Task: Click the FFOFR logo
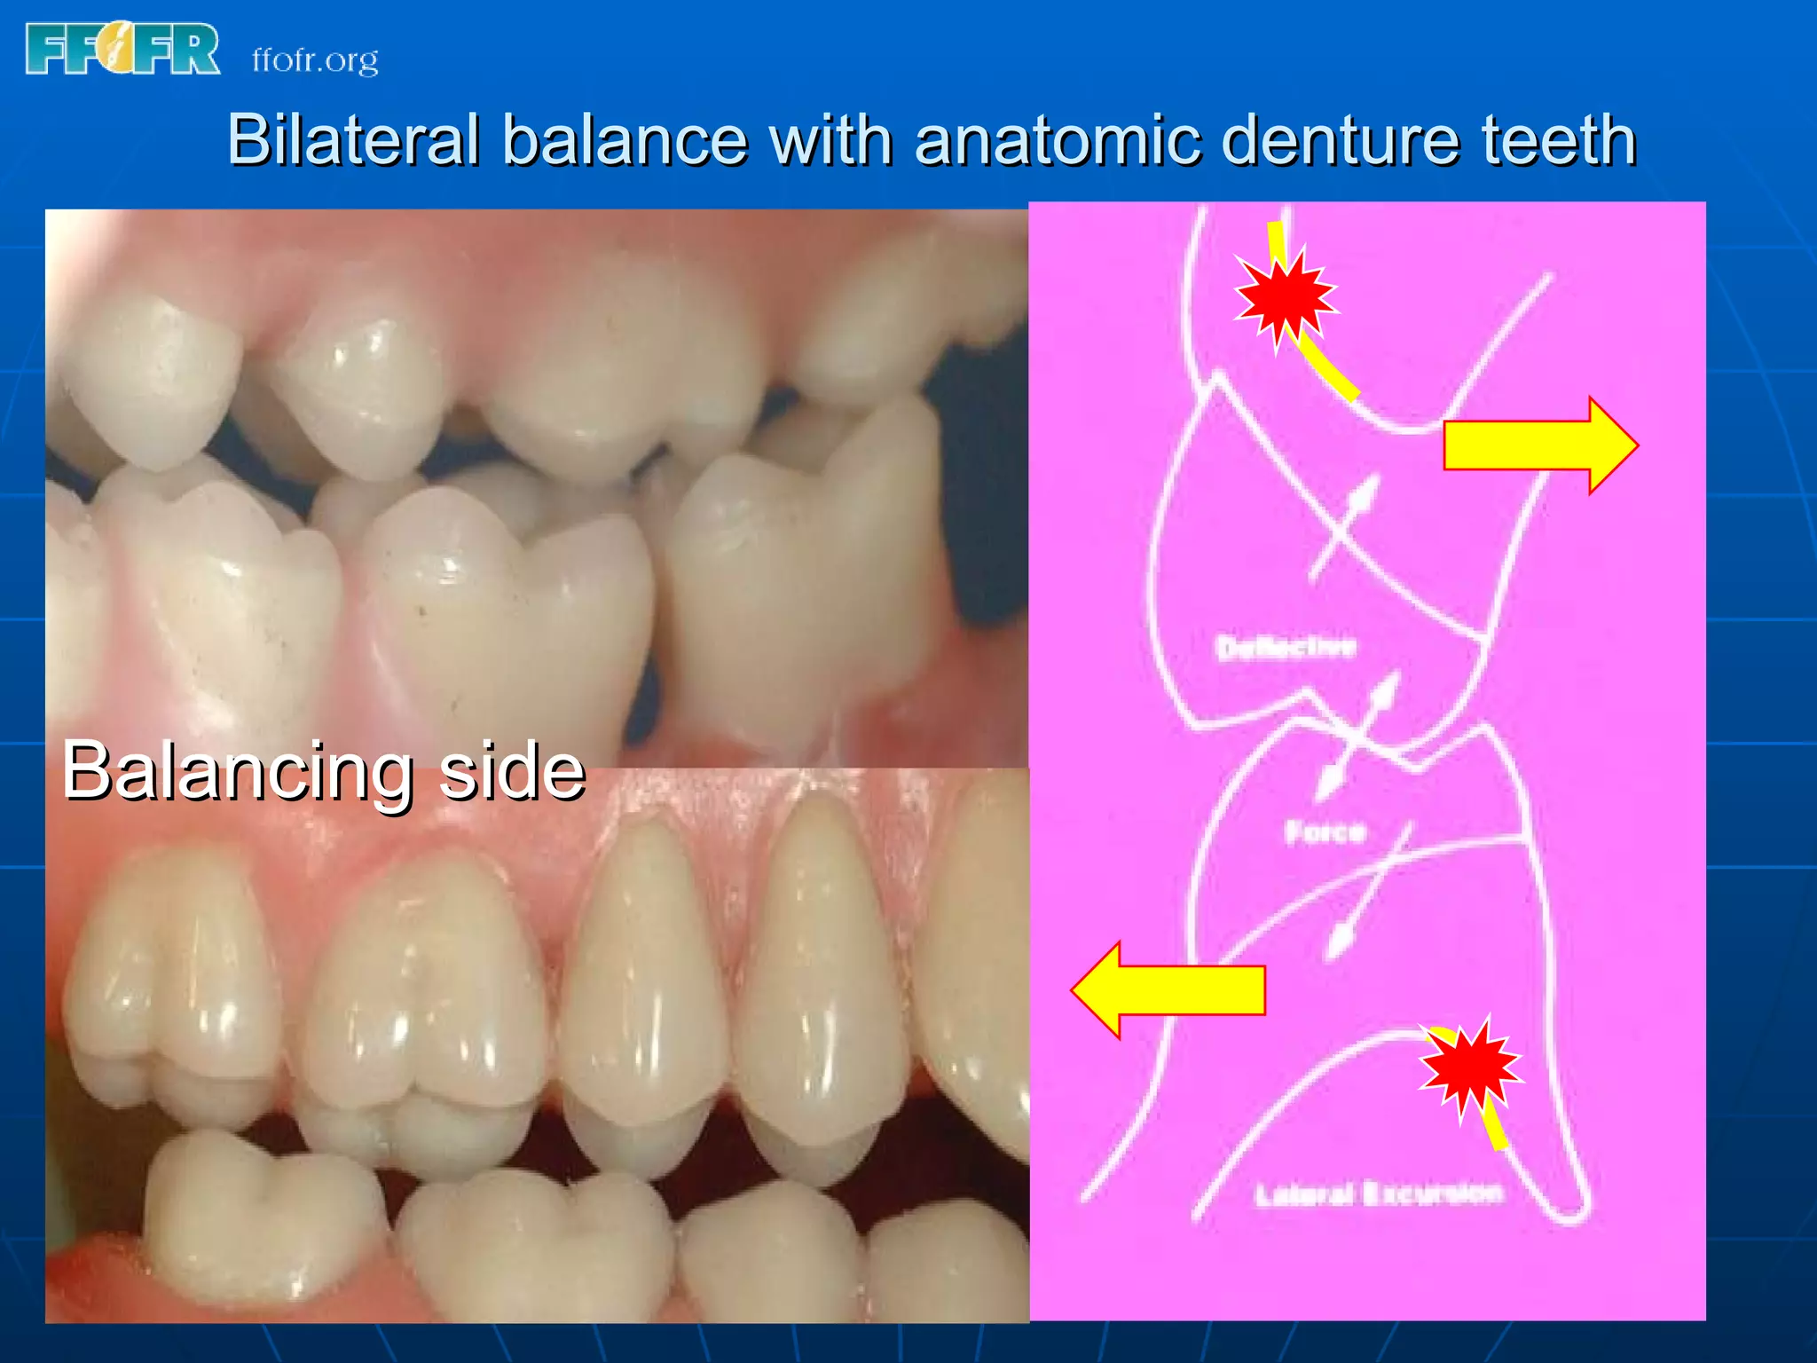tap(122, 49)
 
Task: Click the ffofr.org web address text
tap(315, 60)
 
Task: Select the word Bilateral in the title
tap(353, 140)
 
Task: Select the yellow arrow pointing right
tap(1539, 445)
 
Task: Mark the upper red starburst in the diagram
tap(1285, 297)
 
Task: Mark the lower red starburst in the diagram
tap(1470, 1068)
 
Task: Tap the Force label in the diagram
tap(1325, 831)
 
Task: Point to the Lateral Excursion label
tap(1378, 1194)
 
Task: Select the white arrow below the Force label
tap(1366, 896)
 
